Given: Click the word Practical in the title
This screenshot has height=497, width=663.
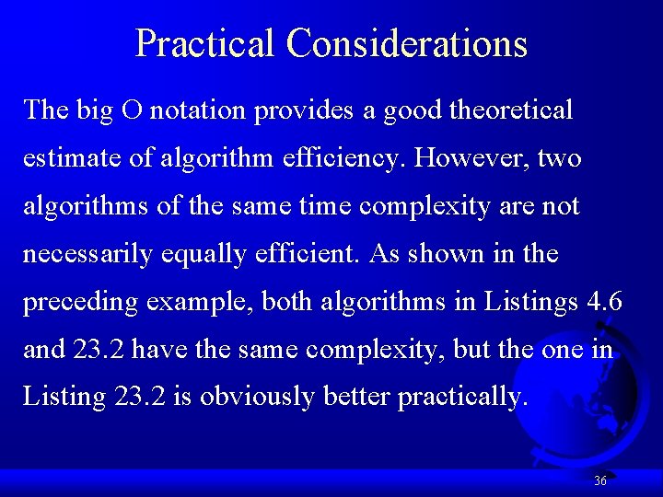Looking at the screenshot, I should [x=204, y=43].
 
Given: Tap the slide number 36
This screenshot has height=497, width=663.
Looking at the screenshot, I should [x=600, y=480].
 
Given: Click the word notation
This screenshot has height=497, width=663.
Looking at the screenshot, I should [x=198, y=110].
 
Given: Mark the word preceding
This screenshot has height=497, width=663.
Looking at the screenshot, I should [x=77, y=302].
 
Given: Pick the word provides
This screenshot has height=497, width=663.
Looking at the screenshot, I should [x=303, y=110].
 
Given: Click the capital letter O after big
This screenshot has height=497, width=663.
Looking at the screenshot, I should [x=132, y=110].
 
